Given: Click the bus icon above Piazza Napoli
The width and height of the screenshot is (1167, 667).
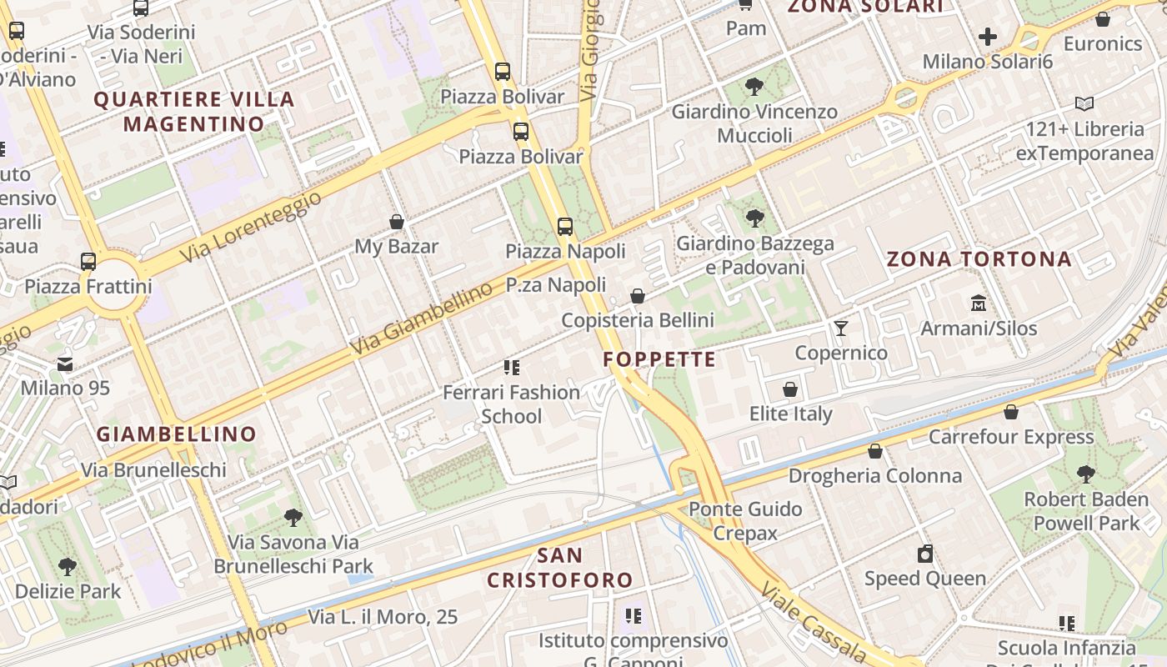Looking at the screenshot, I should [565, 226].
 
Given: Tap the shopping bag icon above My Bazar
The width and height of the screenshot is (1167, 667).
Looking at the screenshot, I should [397, 222].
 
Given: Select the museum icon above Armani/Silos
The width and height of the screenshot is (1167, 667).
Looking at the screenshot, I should [979, 303].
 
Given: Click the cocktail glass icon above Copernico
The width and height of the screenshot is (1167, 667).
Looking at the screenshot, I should [840, 328].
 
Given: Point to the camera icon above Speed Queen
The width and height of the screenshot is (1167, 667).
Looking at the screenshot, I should [925, 554].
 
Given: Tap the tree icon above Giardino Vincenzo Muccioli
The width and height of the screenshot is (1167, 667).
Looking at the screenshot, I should [754, 86].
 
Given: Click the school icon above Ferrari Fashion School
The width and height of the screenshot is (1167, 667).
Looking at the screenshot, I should [512, 368].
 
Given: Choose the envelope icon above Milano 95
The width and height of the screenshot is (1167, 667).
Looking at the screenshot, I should [65, 364].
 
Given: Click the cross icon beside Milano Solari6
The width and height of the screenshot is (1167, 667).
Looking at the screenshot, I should [988, 37].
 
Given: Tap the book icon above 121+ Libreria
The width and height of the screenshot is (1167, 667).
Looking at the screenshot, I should [1084, 104].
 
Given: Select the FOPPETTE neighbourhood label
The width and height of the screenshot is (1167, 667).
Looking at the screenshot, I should [659, 359].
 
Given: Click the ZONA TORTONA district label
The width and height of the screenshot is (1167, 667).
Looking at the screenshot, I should [979, 259].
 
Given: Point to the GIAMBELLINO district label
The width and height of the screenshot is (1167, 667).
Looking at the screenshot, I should [177, 434].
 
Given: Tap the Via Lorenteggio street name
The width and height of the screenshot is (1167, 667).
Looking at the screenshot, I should [250, 227].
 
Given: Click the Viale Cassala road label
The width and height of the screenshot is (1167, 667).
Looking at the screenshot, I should [813, 621].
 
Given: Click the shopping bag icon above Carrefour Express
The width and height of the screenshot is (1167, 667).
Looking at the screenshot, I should [1011, 412].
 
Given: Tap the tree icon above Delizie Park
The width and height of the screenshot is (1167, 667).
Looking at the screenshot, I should [68, 567].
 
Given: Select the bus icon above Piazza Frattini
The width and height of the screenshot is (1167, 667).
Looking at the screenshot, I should [88, 262].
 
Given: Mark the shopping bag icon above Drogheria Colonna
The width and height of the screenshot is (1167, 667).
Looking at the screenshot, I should [875, 451].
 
